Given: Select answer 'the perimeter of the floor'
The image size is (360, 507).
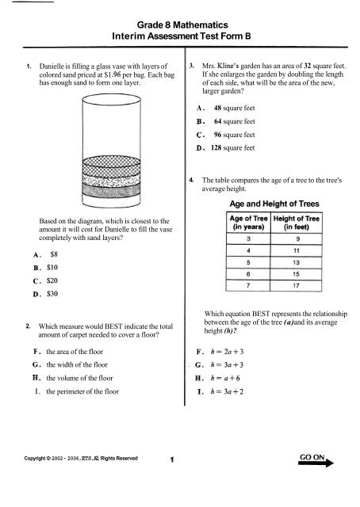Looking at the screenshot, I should coord(88,391).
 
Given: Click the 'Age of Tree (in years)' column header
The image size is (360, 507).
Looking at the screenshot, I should coord(248,221).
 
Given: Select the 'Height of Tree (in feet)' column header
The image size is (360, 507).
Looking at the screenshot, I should coord(297,221).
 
